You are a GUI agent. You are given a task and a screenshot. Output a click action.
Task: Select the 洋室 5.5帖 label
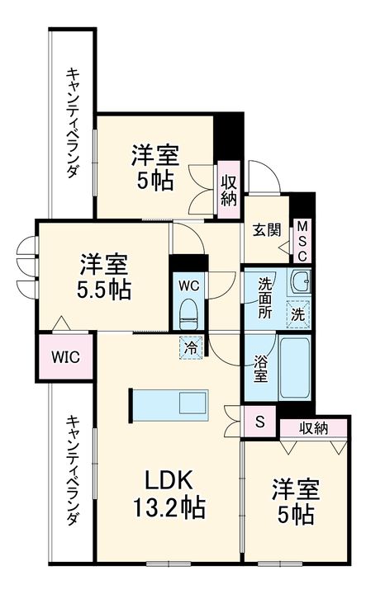point(104,277)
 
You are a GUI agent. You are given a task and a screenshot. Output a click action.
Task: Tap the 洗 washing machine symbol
point(299,313)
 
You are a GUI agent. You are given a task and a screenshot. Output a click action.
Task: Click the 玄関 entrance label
point(262,230)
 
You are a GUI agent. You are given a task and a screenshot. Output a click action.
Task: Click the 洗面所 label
point(265,298)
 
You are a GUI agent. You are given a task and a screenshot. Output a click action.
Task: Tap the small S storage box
point(259,422)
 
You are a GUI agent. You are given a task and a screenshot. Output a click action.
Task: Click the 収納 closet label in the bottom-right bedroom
point(314,427)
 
